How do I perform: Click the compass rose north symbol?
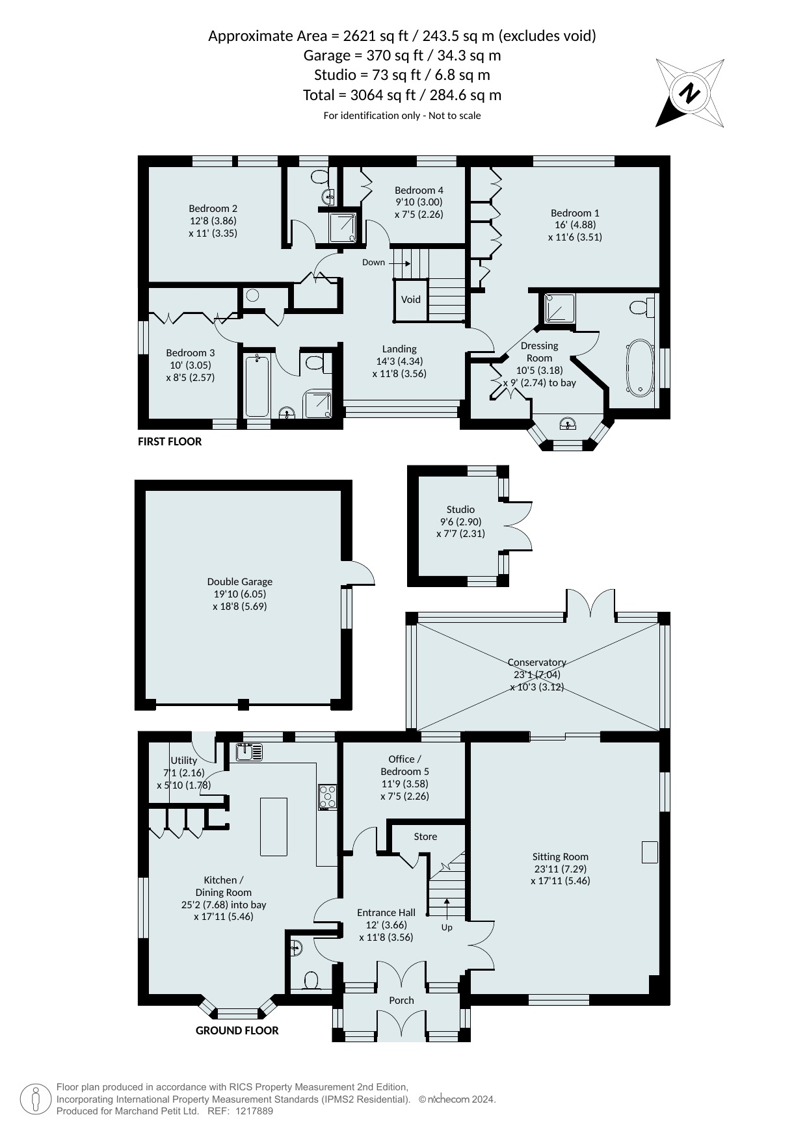coord(690,93)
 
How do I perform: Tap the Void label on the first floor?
coord(411,300)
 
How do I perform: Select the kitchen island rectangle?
coord(274,827)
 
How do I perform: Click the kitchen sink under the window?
coord(250,752)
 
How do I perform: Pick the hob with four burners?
coord(327,797)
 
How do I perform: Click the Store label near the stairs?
coord(425,837)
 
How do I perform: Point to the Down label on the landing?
coord(374,263)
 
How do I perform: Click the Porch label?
coord(401,1001)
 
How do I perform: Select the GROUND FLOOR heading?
coord(237,1030)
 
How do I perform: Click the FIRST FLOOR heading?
coord(170,441)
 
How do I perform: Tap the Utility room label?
coord(184,761)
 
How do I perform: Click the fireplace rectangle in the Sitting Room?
coord(650,852)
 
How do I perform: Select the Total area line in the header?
coord(402,95)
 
